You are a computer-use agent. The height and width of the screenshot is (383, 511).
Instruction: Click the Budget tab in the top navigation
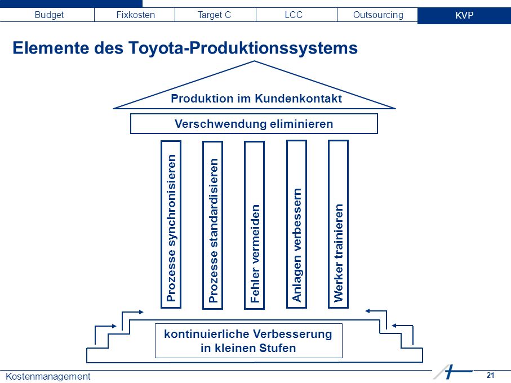[x=49, y=15]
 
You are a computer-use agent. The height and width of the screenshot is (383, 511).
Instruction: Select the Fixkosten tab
[x=135, y=15]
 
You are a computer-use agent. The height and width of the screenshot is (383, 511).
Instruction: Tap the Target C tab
[x=214, y=15]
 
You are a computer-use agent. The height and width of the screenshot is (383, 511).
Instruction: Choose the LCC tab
[x=294, y=15]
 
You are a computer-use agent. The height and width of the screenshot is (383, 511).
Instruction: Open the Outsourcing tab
[x=378, y=15]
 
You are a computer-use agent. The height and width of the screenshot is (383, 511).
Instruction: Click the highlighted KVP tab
[x=464, y=15]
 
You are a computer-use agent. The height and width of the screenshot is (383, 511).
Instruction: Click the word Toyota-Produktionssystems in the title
[x=243, y=48]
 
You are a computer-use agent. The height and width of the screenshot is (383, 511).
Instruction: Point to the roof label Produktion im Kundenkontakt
[x=256, y=99]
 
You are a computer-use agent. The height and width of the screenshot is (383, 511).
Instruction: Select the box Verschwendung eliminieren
[x=254, y=124]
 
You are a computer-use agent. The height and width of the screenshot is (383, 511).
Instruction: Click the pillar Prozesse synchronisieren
[x=171, y=225]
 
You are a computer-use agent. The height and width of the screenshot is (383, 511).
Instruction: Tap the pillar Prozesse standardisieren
[x=213, y=225]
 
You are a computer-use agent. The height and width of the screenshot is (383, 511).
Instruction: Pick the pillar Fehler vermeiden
[x=255, y=225]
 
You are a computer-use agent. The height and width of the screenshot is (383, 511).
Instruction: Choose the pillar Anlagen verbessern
[x=296, y=224]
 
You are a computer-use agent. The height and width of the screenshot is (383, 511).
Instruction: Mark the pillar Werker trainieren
[x=338, y=224]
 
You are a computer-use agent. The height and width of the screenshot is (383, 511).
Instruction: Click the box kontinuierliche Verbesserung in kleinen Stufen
[x=248, y=341]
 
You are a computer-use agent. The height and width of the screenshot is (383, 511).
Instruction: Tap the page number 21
[x=491, y=375]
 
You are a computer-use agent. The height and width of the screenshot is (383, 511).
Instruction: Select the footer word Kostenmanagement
[x=48, y=376]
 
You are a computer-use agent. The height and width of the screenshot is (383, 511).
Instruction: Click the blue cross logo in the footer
[x=451, y=372]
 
